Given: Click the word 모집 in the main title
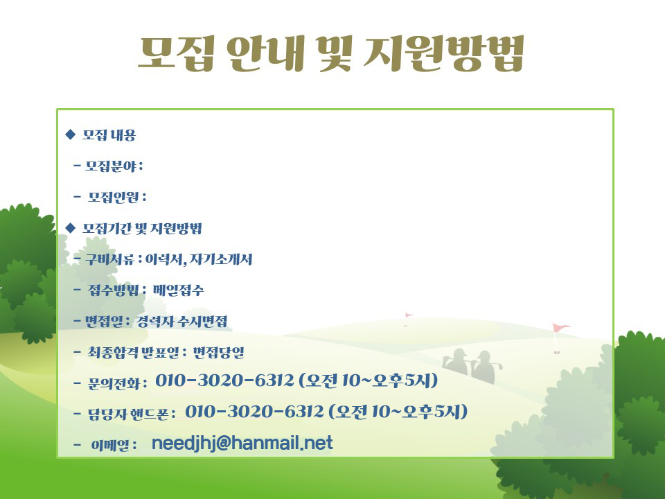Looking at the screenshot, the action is point(175,53).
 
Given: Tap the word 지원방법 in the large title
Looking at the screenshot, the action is point(445,53).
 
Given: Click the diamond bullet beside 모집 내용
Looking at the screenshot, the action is point(71,135).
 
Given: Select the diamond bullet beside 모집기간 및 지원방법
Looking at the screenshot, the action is point(71,228).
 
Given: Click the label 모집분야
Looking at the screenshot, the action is point(111,166).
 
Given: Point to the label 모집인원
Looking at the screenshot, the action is point(113,196).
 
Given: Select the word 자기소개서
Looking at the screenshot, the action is point(221,259).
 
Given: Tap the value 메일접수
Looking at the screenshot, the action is point(178,290).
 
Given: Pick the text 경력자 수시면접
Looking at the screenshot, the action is point(181,321).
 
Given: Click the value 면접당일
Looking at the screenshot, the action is point(218,352).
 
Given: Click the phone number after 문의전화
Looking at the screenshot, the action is point(224,380).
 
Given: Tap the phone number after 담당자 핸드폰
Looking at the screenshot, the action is point(254,411).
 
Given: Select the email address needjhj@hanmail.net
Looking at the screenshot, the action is point(242,443).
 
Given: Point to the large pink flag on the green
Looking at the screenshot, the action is point(560,338).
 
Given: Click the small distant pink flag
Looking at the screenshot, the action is point(408,319).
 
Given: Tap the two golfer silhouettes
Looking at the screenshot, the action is point(472,366).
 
